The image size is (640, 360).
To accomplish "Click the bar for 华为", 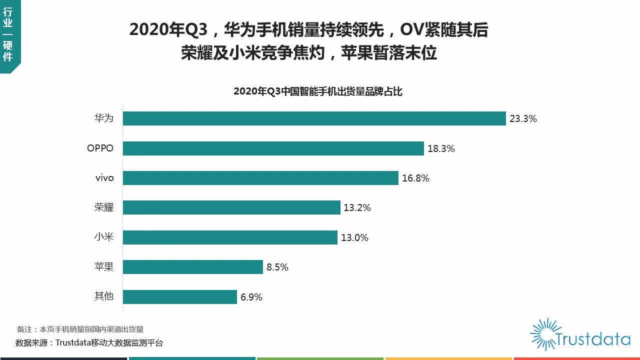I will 314,118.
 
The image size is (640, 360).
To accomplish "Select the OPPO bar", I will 273,148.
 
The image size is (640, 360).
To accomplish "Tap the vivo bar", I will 260,178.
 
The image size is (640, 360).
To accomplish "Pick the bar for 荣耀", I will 231,207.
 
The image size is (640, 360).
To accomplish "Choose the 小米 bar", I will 230,237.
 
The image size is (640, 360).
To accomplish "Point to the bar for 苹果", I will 192,267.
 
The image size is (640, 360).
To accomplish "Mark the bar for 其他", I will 179,297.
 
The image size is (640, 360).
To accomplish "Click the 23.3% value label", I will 523,119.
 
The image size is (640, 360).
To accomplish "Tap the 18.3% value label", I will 441,148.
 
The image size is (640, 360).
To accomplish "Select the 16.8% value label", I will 415,178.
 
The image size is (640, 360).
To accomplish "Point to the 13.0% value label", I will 354,238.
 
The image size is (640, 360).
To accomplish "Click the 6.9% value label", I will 251,297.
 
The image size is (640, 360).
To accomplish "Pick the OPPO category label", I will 100,148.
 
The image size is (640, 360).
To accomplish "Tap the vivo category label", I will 104,178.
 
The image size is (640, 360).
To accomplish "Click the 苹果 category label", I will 104,267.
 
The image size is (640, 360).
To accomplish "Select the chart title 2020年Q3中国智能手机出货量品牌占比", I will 318,91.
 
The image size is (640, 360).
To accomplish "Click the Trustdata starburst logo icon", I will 542,333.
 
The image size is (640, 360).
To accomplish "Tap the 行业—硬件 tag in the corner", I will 8,35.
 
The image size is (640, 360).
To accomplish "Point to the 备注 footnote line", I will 80,329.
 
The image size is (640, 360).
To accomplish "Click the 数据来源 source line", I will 89,343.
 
